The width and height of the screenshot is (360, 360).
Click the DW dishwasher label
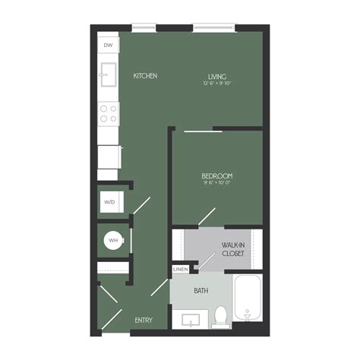(108, 45)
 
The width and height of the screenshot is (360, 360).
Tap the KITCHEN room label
(145, 76)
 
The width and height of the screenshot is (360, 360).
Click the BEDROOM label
(216, 175)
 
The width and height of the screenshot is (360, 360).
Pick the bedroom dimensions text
(216, 183)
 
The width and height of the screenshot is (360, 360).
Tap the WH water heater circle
(114, 241)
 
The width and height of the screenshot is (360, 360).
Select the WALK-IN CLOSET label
(233, 249)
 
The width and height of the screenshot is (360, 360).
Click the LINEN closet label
(180, 270)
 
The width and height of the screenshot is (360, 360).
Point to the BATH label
(201, 291)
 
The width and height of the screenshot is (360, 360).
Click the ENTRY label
(144, 321)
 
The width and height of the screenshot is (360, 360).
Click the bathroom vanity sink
(190, 320)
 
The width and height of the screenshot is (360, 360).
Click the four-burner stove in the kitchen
(109, 114)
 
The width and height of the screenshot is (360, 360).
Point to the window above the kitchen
(144, 28)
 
